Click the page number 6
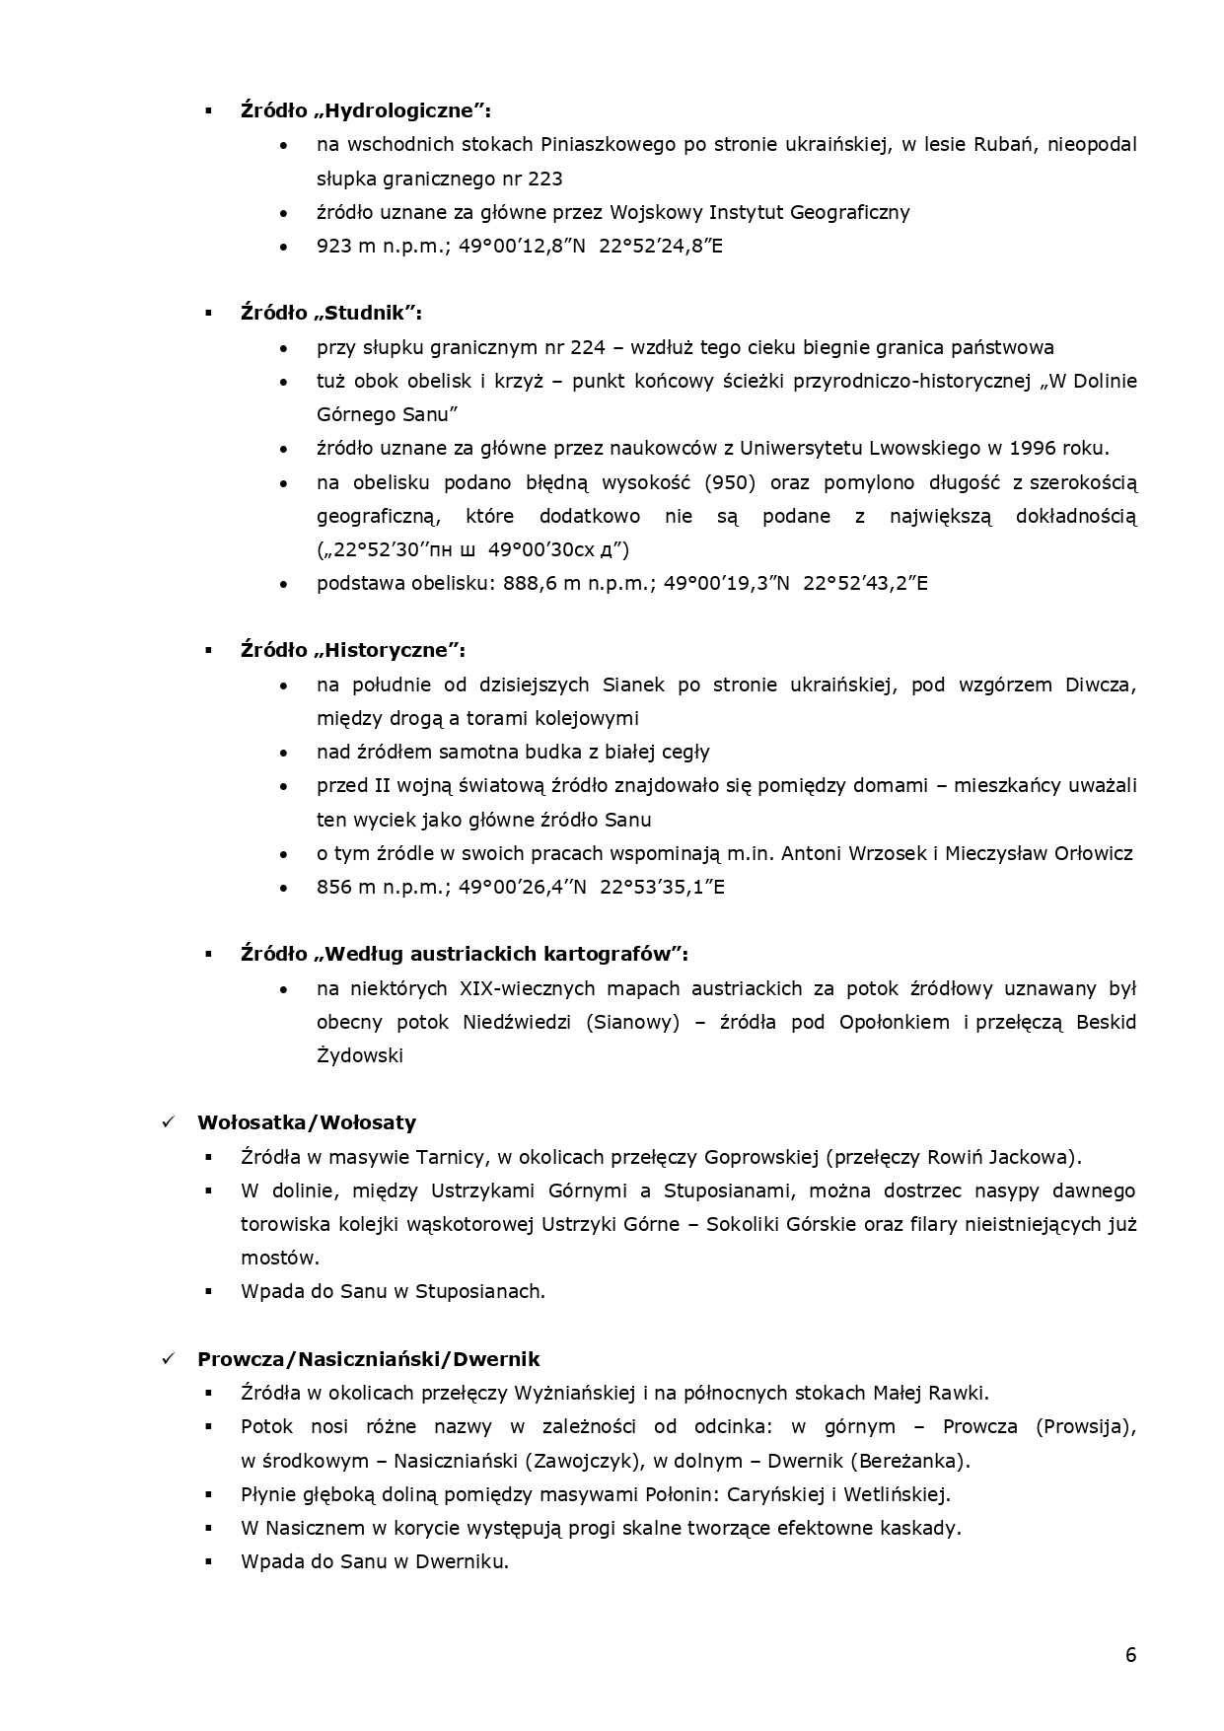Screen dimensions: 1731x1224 click(x=1130, y=1654)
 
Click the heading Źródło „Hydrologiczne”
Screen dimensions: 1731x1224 click(x=366, y=110)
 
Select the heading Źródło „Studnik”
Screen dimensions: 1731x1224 click(x=331, y=313)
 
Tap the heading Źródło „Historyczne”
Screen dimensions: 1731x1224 click(x=353, y=650)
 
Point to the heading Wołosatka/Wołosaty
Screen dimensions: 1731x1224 click(x=307, y=1122)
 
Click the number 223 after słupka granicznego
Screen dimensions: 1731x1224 click(x=545, y=179)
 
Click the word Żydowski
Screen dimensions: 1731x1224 click(x=360, y=1055)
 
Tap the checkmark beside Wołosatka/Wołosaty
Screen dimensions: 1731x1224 click(x=169, y=1122)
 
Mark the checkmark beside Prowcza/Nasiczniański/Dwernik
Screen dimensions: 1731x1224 click(x=169, y=1358)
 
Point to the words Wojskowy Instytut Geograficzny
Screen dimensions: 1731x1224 click(x=759, y=212)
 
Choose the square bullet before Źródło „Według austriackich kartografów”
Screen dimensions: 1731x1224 click(x=209, y=954)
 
